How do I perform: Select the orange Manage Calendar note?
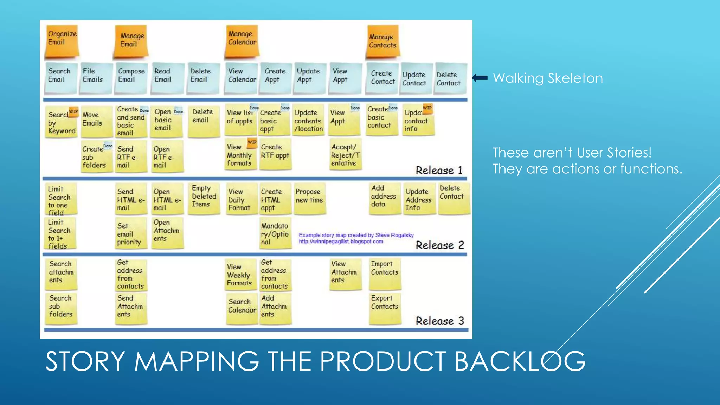pos(242,41)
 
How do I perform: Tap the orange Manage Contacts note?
pos(382,41)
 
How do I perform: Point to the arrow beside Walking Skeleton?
pos(480,78)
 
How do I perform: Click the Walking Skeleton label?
pos(548,78)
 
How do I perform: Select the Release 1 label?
pos(439,171)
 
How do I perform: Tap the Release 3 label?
pos(440,321)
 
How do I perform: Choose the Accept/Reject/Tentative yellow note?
pos(345,155)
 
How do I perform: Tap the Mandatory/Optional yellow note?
pos(275,234)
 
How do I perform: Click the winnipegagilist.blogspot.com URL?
pos(341,242)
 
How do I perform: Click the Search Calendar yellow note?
pos(242,308)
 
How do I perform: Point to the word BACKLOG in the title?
pos(520,361)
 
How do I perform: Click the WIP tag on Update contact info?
pos(427,108)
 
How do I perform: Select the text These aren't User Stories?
pos(572,153)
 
